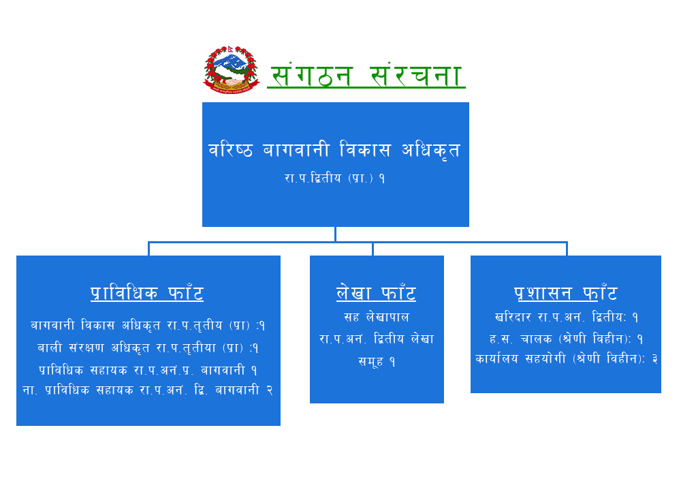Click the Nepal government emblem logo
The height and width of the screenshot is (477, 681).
click(232, 70)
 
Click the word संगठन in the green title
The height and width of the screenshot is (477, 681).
click(311, 75)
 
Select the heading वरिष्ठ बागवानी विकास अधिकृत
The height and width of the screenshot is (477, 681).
click(334, 150)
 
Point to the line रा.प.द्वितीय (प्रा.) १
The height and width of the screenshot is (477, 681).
click(335, 178)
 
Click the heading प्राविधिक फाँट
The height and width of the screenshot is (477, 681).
click(147, 293)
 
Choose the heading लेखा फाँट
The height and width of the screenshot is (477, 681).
click(376, 293)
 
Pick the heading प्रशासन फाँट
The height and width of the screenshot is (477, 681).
click(565, 293)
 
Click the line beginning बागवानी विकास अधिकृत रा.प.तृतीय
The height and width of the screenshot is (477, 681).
click(148, 326)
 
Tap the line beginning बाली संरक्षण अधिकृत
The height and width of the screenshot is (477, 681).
click(148, 348)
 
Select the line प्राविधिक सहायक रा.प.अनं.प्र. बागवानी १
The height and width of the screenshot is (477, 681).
click(148, 370)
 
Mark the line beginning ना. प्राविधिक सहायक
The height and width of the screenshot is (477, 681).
click(148, 390)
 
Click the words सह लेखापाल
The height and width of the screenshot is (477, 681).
click(377, 317)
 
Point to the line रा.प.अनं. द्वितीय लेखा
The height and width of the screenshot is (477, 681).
click(377, 339)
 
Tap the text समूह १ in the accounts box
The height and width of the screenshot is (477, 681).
click(377, 361)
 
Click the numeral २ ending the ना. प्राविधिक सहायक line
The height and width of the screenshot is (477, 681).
click(270, 390)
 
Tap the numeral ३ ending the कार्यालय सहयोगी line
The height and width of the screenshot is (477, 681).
click(655, 359)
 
